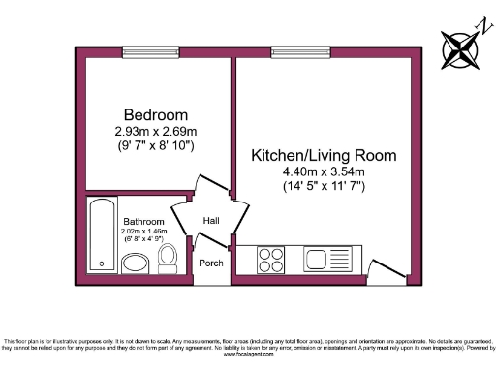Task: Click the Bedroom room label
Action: [155, 113]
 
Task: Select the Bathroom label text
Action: [142, 222]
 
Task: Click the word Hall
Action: [211, 221]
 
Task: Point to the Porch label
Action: [210, 263]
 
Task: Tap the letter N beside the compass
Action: [478, 23]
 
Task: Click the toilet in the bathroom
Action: [167, 258]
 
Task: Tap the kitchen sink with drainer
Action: [318, 261]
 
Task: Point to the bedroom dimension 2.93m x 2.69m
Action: [155, 131]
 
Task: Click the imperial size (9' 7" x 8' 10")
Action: [155, 145]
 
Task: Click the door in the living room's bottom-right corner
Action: [387, 265]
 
